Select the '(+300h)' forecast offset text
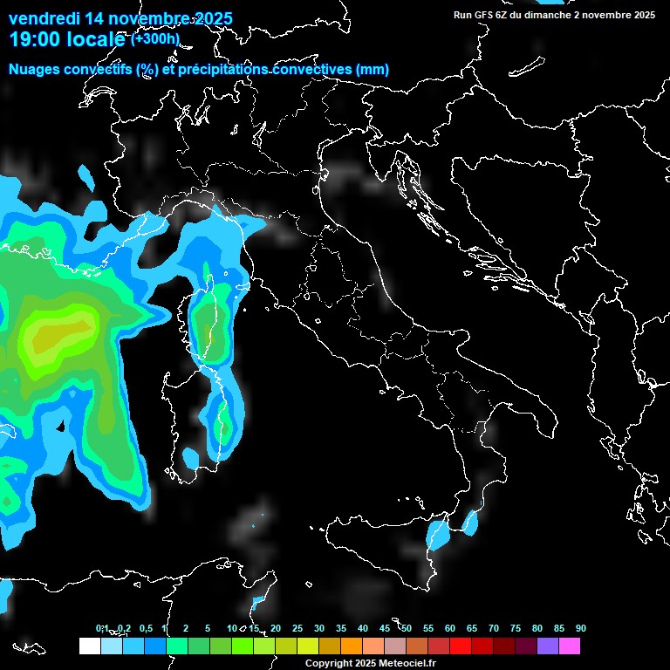coord(154,38)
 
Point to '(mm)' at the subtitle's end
coord(373,69)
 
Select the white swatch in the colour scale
coord(89,646)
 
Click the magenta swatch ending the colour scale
coord(570,646)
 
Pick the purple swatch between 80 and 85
coord(548,646)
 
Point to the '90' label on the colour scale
coord(581,629)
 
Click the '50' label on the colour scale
coord(407,629)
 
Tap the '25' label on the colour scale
coord(297,629)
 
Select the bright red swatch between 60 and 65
coord(461,646)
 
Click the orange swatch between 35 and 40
coord(352,646)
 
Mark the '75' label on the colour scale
coord(516,629)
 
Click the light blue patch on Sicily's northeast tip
coord(436,534)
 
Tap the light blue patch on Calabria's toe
coord(471,523)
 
